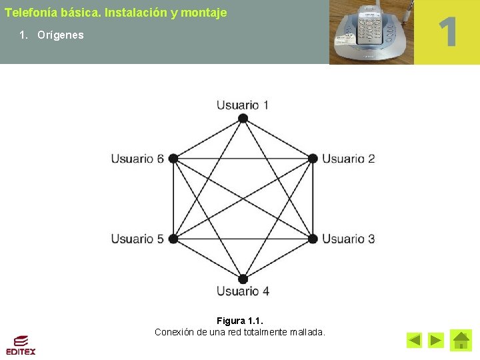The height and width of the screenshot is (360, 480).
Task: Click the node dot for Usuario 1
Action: click(243, 119)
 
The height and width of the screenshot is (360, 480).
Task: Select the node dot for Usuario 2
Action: click(313, 159)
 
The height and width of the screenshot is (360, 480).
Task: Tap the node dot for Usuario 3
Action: click(313, 238)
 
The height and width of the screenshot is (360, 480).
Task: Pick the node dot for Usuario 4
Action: click(243, 279)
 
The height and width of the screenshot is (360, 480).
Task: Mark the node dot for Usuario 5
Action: click(173, 238)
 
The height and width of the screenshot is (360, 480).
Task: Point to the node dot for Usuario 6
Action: click(173, 159)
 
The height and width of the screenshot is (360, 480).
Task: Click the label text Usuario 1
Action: click(243, 105)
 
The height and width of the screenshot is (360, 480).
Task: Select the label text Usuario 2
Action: click(349, 159)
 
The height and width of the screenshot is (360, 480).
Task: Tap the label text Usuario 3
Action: click(349, 239)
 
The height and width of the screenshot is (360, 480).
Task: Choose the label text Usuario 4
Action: click(243, 291)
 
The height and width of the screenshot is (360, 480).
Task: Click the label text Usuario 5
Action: click(137, 239)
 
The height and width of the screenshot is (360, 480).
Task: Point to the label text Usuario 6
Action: click(137, 159)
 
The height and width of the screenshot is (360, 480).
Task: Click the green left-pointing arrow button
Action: click(414, 341)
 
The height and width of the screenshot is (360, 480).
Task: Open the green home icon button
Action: click(461, 341)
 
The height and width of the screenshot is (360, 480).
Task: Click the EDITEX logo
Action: click(21, 345)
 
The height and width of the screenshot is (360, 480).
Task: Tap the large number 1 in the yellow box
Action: click(447, 32)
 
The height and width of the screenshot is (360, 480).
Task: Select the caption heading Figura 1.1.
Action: click(240, 321)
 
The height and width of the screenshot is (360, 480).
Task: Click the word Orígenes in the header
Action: click(61, 35)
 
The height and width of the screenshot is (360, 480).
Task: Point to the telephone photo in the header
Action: click(371, 32)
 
